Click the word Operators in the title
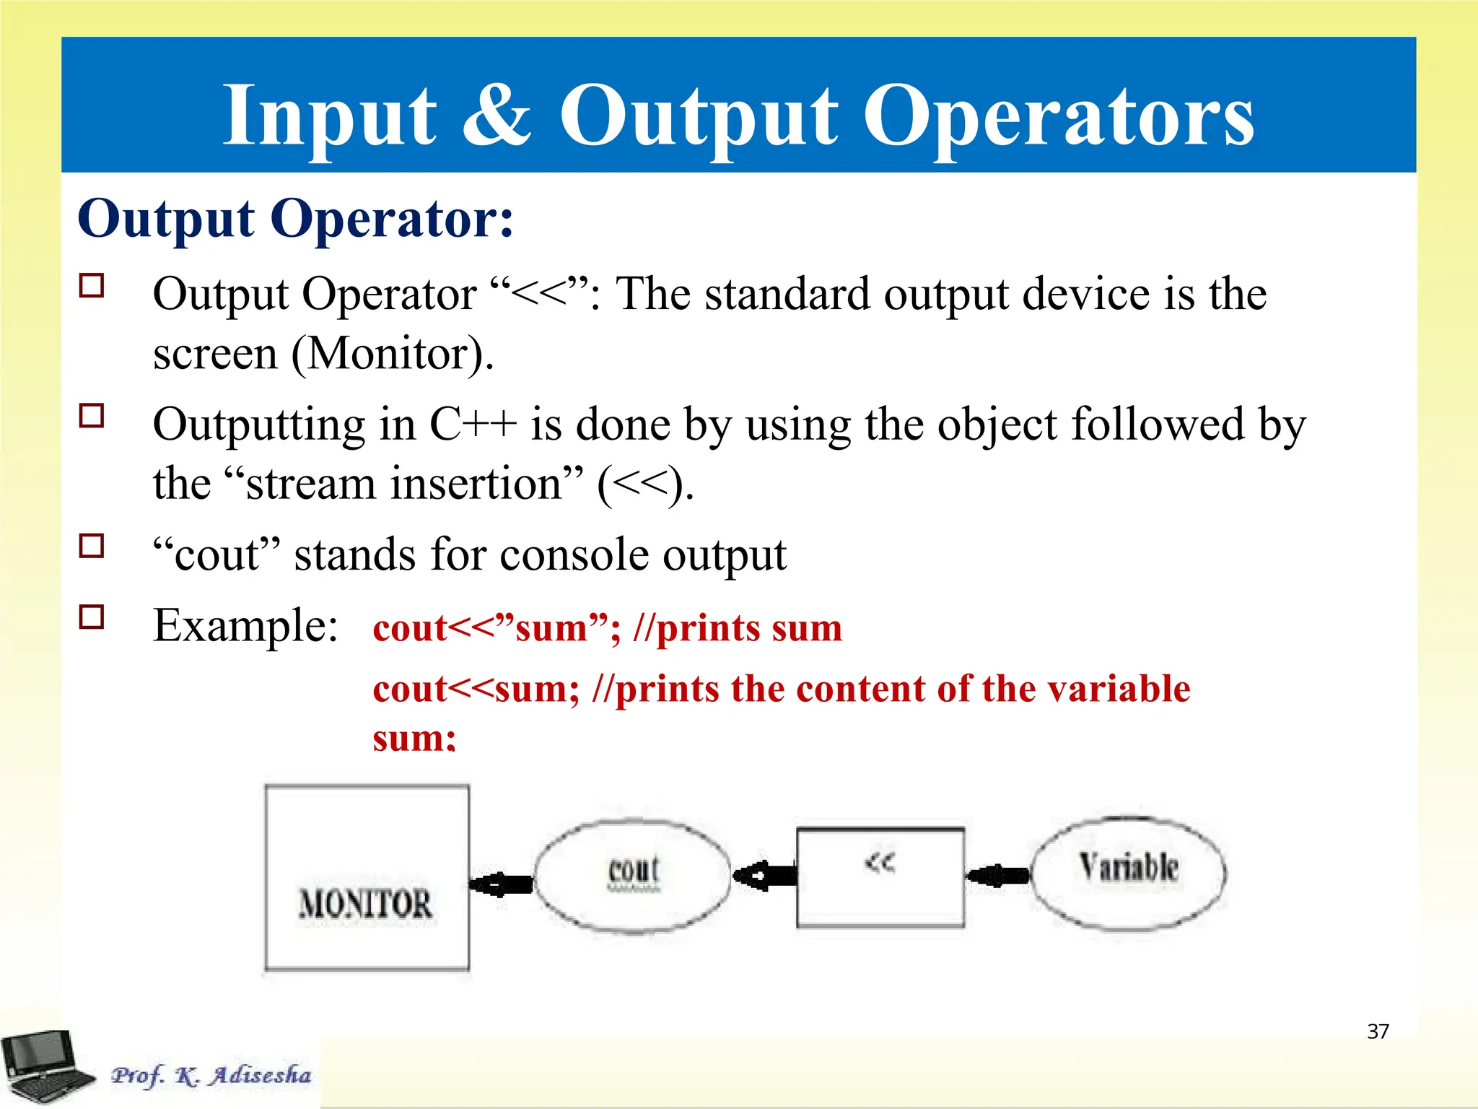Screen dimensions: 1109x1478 [x=1058, y=116]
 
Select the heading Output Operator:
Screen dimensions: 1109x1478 [x=296, y=218]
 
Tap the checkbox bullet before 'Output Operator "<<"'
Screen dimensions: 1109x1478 [x=92, y=286]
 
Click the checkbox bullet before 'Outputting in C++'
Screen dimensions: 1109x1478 [x=92, y=416]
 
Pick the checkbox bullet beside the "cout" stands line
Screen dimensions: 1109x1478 [x=92, y=546]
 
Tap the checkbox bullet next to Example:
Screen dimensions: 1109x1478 [x=92, y=617]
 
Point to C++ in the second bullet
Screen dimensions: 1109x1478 [x=473, y=425]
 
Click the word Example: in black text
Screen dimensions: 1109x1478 [x=245, y=625]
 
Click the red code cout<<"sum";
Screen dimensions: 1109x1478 [x=497, y=628]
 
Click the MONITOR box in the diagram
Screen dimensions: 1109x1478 [x=367, y=878]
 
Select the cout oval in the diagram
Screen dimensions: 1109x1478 [x=633, y=875]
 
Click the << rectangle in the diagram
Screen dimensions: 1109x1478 [x=880, y=877]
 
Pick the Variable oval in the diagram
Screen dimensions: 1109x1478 [x=1128, y=874]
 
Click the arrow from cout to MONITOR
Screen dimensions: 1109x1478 [x=501, y=883]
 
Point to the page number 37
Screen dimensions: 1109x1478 [x=1378, y=1031]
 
